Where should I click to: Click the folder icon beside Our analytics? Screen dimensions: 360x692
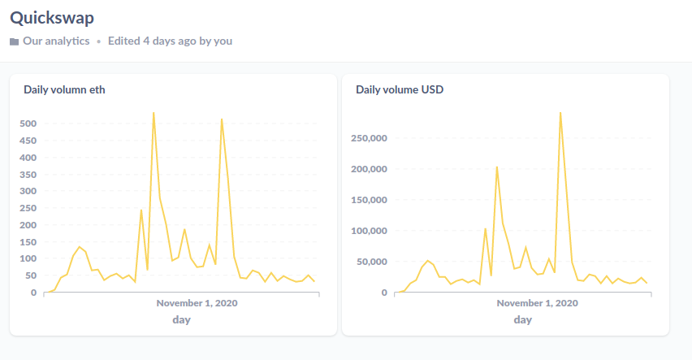point(15,41)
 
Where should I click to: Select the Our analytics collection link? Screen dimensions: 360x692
point(56,41)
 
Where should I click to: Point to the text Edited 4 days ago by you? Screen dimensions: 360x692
point(170,41)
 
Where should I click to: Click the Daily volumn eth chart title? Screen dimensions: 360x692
point(64,90)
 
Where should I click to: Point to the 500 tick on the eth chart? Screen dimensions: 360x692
point(28,124)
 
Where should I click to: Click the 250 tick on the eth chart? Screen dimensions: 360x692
point(28,208)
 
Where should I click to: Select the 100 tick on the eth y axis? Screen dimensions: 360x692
point(28,258)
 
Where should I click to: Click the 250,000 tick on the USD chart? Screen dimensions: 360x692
point(368,138)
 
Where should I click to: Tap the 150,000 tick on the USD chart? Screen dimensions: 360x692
point(368,200)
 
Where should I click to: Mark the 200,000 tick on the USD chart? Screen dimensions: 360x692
point(368,169)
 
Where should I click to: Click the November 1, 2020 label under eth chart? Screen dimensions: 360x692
point(197,303)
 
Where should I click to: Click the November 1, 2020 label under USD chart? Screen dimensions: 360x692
point(538,303)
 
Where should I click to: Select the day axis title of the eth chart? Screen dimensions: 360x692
point(181,319)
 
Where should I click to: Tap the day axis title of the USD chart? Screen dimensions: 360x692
point(522,319)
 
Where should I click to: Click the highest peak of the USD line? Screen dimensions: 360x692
point(560,113)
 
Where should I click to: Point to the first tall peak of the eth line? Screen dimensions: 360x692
point(154,113)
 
